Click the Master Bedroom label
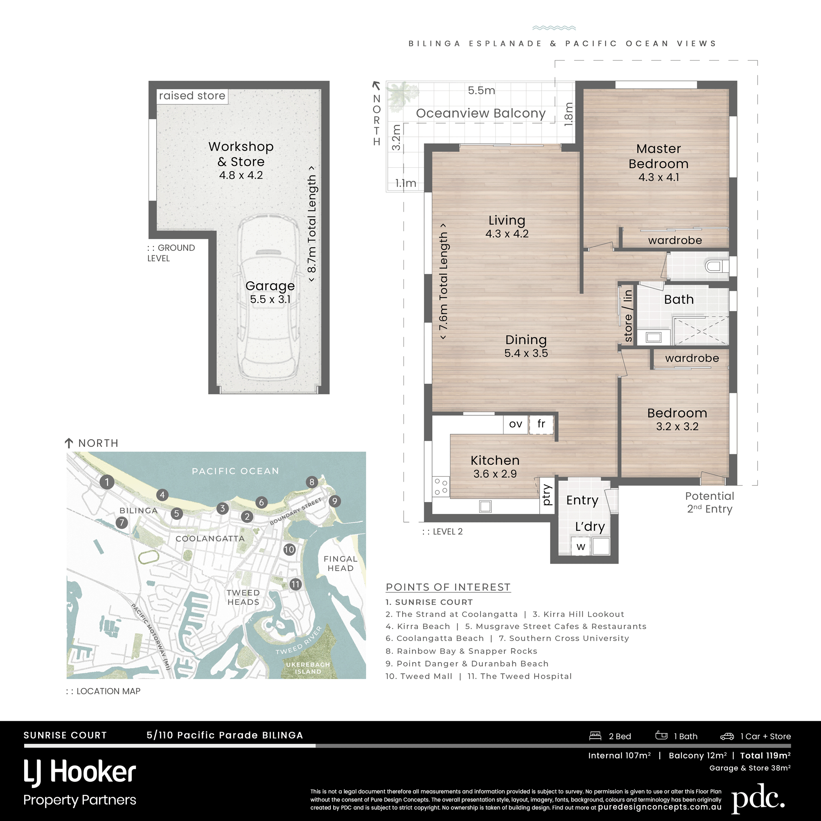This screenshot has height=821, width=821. pyautogui.click(x=659, y=156)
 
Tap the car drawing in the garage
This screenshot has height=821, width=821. pyautogui.click(x=268, y=298)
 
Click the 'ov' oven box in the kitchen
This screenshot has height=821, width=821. pyautogui.click(x=515, y=424)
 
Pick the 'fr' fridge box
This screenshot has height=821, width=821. pyautogui.click(x=541, y=424)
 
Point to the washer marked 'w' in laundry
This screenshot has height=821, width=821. pyautogui.click(x=581, y=546)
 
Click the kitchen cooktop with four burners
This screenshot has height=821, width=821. pyautogui.click(x=441, y=487)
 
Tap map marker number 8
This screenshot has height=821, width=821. pyautogui.click(x=312, y=482)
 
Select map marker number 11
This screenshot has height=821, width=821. pyautogui.click(x=296, y=584)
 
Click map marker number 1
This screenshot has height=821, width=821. pyautogui.click(x=107, y=482)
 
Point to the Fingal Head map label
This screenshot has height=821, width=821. pyautogui.click(x=341, y=564)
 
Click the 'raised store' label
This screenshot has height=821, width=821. pyautogui.click(x=192, y=96)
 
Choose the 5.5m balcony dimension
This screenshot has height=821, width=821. pyautogui.click(x=481, y=90)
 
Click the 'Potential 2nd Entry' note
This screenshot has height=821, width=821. pyautogui.click(x=710, y=502)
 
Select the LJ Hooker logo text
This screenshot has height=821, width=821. pyautogui.click(x=79, y=772)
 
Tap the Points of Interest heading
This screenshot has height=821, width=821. pyautogui.click(x=448, y=587)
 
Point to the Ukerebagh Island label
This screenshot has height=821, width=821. pyautogui.click(x=308, y=668)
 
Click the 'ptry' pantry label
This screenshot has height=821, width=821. pyautogui.click(x=547, y=495)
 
